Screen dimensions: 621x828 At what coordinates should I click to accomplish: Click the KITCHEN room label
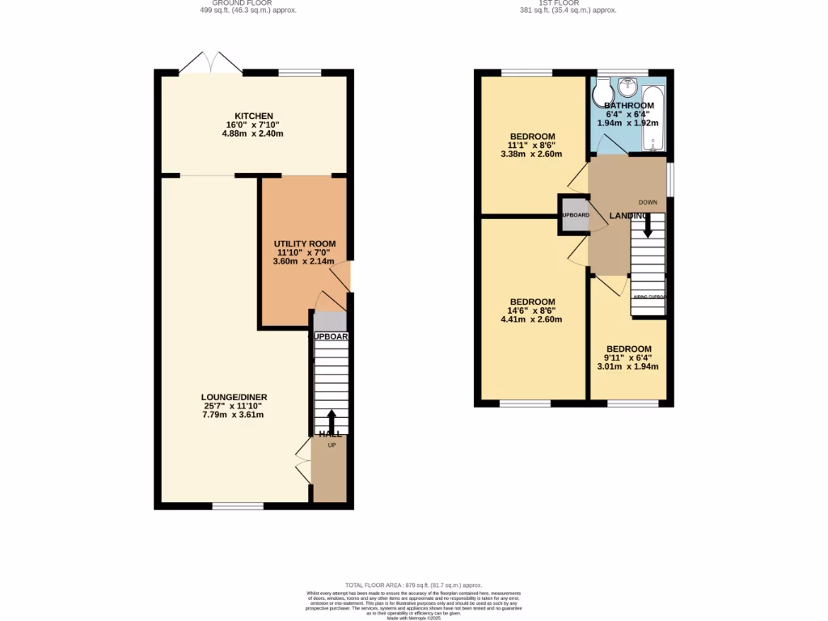tap(254, 116)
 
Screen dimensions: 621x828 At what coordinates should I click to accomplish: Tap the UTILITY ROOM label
tap(304, 243)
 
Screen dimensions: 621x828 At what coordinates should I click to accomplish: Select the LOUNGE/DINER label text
tap(234, 397)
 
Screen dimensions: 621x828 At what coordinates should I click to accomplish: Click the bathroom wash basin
tap(627, 87)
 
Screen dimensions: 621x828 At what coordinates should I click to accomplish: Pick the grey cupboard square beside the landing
tap(573, 215)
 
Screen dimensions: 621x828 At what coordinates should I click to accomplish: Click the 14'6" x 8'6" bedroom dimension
tap(531, 310)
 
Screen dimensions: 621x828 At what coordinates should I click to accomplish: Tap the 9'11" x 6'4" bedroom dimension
tap(628, 357)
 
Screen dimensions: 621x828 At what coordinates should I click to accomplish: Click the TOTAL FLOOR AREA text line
tap(413, 585)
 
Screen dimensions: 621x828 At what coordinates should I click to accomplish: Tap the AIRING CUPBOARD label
tap(648, 297)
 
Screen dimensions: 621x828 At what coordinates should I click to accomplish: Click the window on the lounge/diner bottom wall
tap(238, 506)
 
